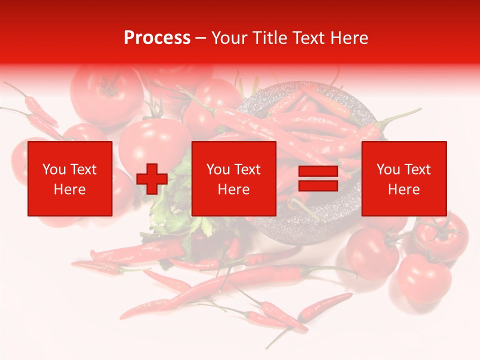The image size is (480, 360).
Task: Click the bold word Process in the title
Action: pos(157,38)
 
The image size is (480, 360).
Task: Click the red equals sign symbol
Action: pos(318,178)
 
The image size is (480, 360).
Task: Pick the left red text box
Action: pos(70,178)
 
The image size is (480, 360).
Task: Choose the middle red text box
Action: pos(233,178)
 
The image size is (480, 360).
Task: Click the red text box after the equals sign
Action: pos(403,178)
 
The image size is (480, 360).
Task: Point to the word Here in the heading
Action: pos(348,38)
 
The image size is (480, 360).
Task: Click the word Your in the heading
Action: pos(229,38)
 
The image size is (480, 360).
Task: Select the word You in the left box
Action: pos(53,169)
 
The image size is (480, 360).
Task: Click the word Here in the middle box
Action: pos(233,189)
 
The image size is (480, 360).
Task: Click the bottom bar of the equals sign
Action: pos(318,185)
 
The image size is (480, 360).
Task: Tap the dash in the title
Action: pos(201,38)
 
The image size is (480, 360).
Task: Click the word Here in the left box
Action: pos(69,189)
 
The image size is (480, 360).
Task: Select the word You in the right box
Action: pos(387,169)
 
